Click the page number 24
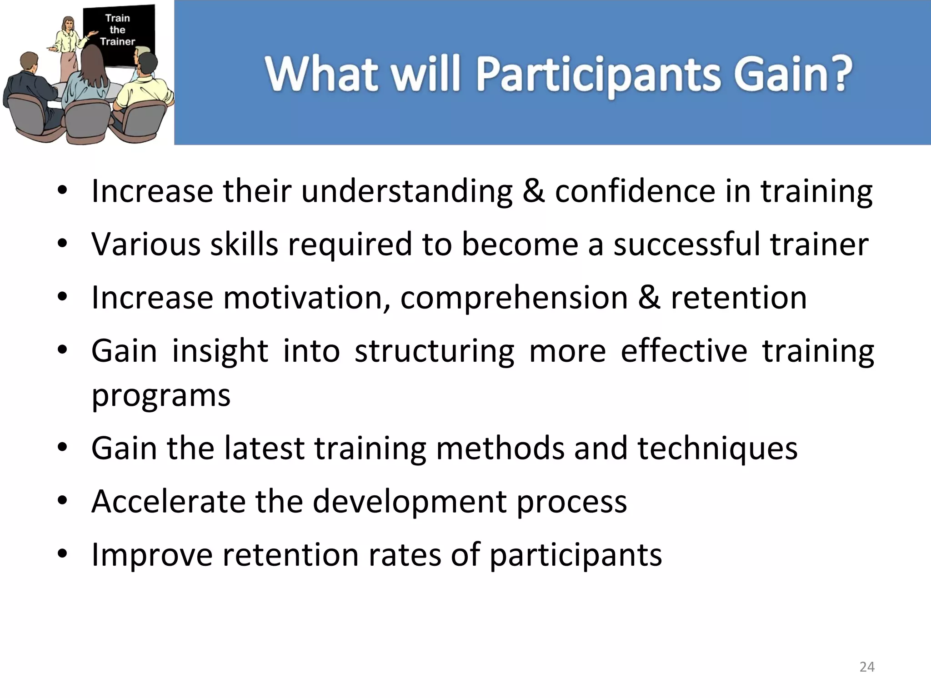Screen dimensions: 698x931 coord(867,667)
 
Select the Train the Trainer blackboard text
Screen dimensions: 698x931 coord(117,30)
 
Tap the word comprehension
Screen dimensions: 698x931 coord(514,298)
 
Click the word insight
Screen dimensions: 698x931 coord(220,351)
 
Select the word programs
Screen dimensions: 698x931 coord(161,395)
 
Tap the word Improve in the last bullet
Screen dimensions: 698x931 coord(152,555)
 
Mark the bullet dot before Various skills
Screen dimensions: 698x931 coord(62,244)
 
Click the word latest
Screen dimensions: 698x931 coord(264,448)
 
